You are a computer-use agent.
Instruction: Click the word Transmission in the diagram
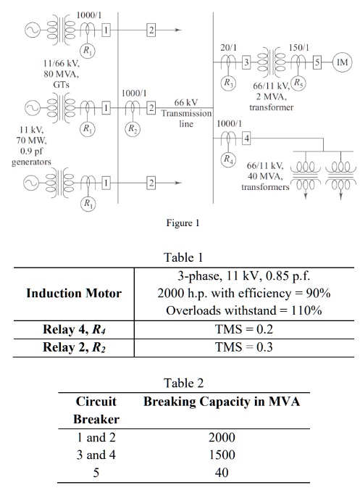[x=186, y=114]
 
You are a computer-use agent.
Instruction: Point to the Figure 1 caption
[x=180, y=223]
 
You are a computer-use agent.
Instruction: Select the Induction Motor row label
[x=73, y=293]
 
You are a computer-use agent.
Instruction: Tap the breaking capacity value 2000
[x=220, y=438]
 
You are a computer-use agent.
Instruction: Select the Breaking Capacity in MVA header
[x=220, y=401]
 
